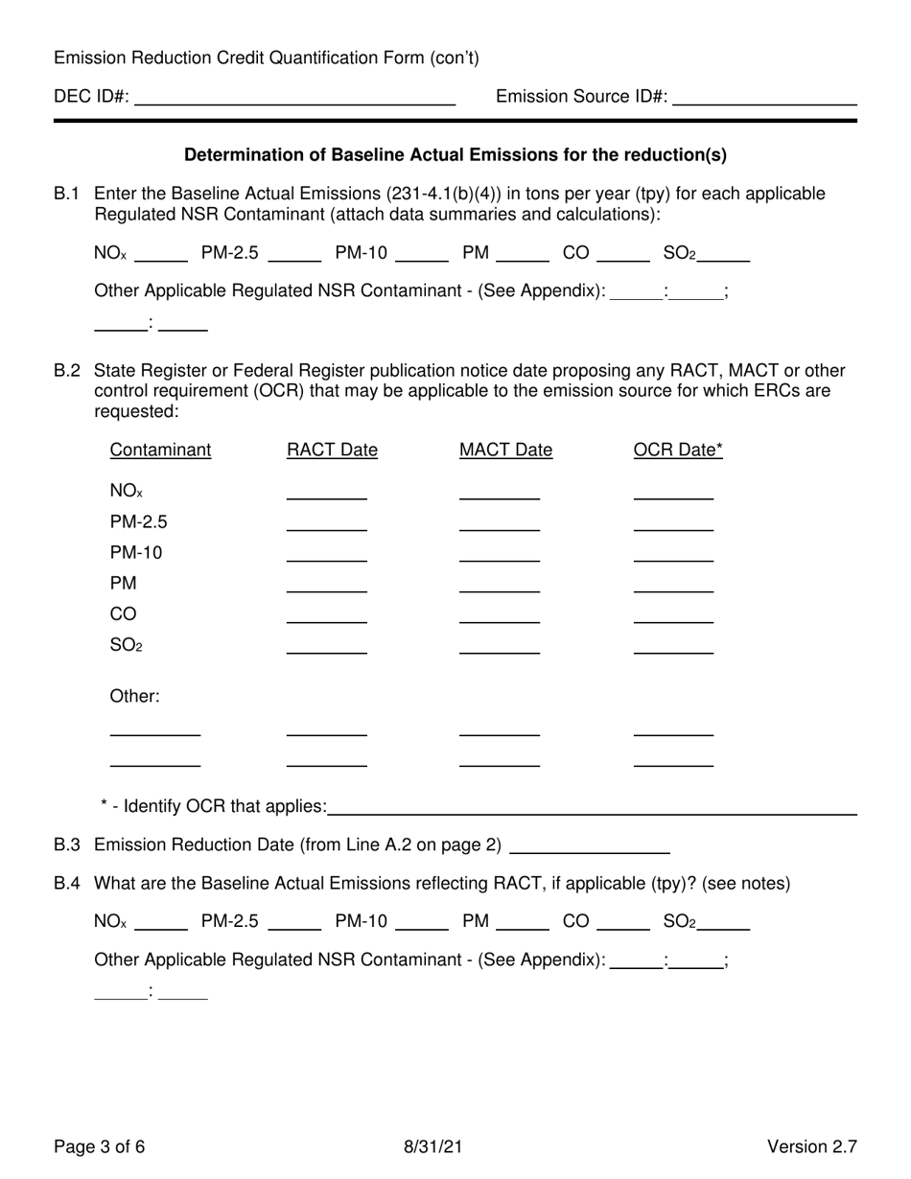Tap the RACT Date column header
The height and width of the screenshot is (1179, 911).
click(x=332, y=451)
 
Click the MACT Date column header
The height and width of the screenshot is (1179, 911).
click(x=505, y=451)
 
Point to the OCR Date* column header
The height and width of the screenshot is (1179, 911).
click(x=678, y=451)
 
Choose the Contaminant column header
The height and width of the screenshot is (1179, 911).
click(x=160, y=451)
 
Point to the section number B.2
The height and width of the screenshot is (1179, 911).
click(x=67, y=371)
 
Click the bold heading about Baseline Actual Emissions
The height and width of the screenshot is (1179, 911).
click(x=455, y=154)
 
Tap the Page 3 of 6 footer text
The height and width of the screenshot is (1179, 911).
click(x=100, y=1146)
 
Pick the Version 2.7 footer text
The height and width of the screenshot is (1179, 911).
click(x=811, y=1146)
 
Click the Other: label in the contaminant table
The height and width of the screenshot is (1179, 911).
click(x=134, y=697)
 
